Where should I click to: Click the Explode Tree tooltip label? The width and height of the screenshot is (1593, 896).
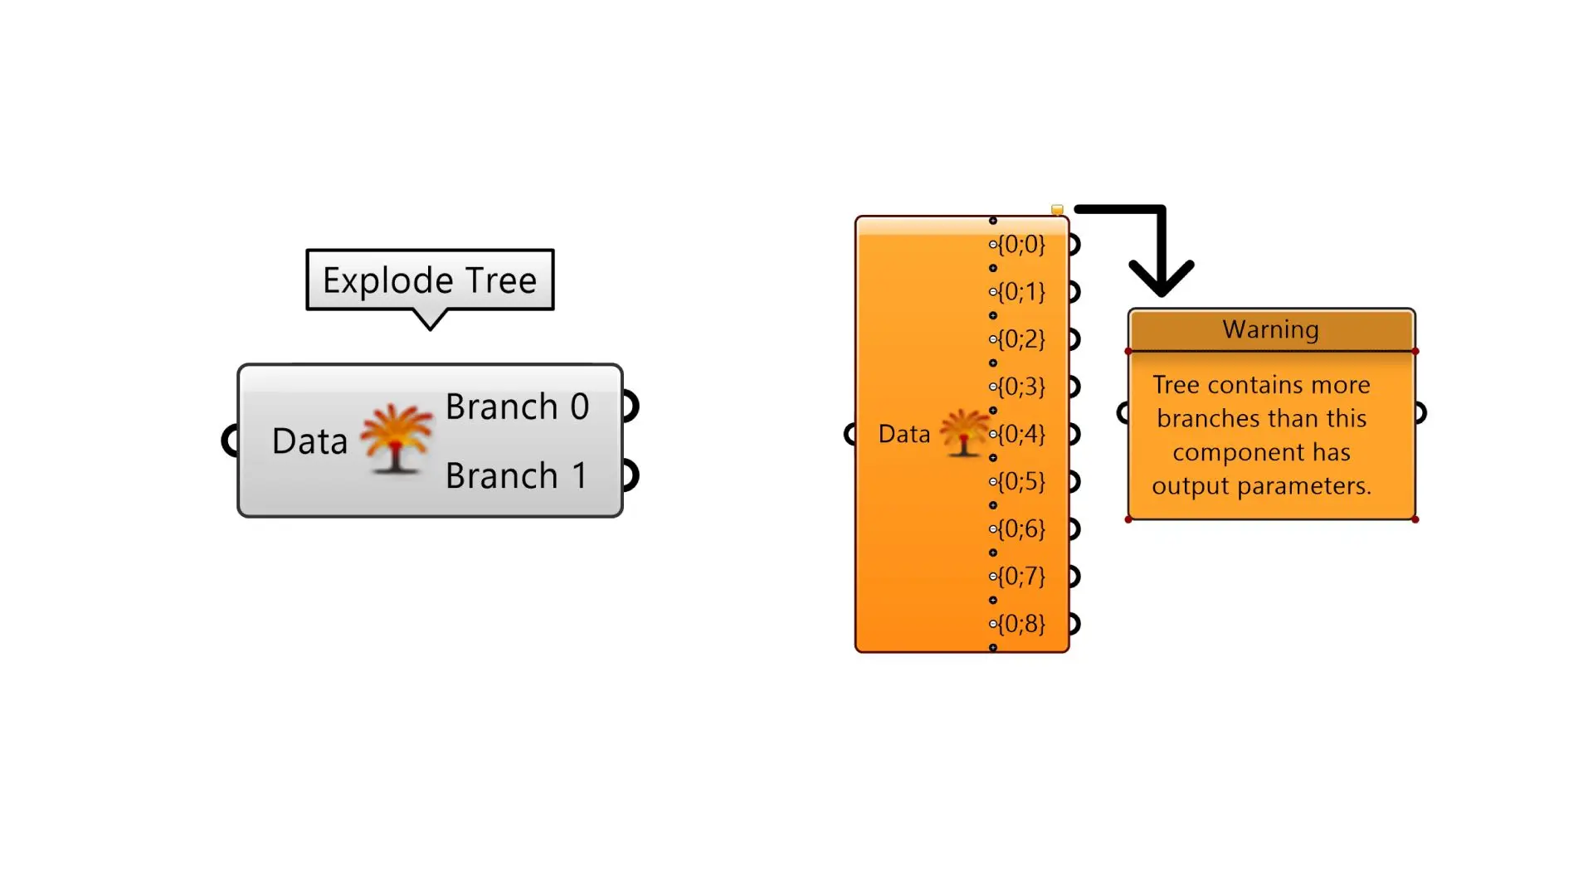click(x=430, y=280)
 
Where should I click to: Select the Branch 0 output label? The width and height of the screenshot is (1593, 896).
click(x=517, y=407)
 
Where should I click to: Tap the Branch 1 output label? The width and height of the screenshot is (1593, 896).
click(x=517, y=476)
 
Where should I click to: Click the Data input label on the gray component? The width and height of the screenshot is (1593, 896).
click(x=309, y=441)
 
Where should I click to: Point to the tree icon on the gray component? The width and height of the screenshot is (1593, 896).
click(x=397, y=438)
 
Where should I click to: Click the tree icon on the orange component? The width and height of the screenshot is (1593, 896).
click(x=963, y=432)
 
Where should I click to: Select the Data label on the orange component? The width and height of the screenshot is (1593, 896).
click(x=904, y=434)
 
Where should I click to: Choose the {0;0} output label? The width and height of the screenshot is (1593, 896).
click(x=1021, y=244)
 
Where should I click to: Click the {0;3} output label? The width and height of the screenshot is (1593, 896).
click(x=1021, y=387)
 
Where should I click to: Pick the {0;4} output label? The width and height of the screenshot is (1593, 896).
click(x=1021, y=434)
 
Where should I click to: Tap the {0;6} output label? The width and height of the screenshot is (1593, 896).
click(x=1021, y=528)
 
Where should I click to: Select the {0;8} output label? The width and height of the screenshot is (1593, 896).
click(x=1021, y=624)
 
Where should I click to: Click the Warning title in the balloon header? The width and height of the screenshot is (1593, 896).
click(x=1270, y=329)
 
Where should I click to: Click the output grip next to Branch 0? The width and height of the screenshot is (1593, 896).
click(x=631, y=407)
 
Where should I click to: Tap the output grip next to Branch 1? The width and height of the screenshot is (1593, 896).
click(x=631, y=476)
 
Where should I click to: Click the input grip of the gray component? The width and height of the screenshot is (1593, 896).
click(x=230, y=441)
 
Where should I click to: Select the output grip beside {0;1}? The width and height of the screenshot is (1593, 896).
click(x=1074, y=292)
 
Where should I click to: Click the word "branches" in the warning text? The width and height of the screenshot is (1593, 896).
click(x=1195, y=418)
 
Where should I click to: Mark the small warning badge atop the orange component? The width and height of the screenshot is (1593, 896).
click(x=1057, y=210)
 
